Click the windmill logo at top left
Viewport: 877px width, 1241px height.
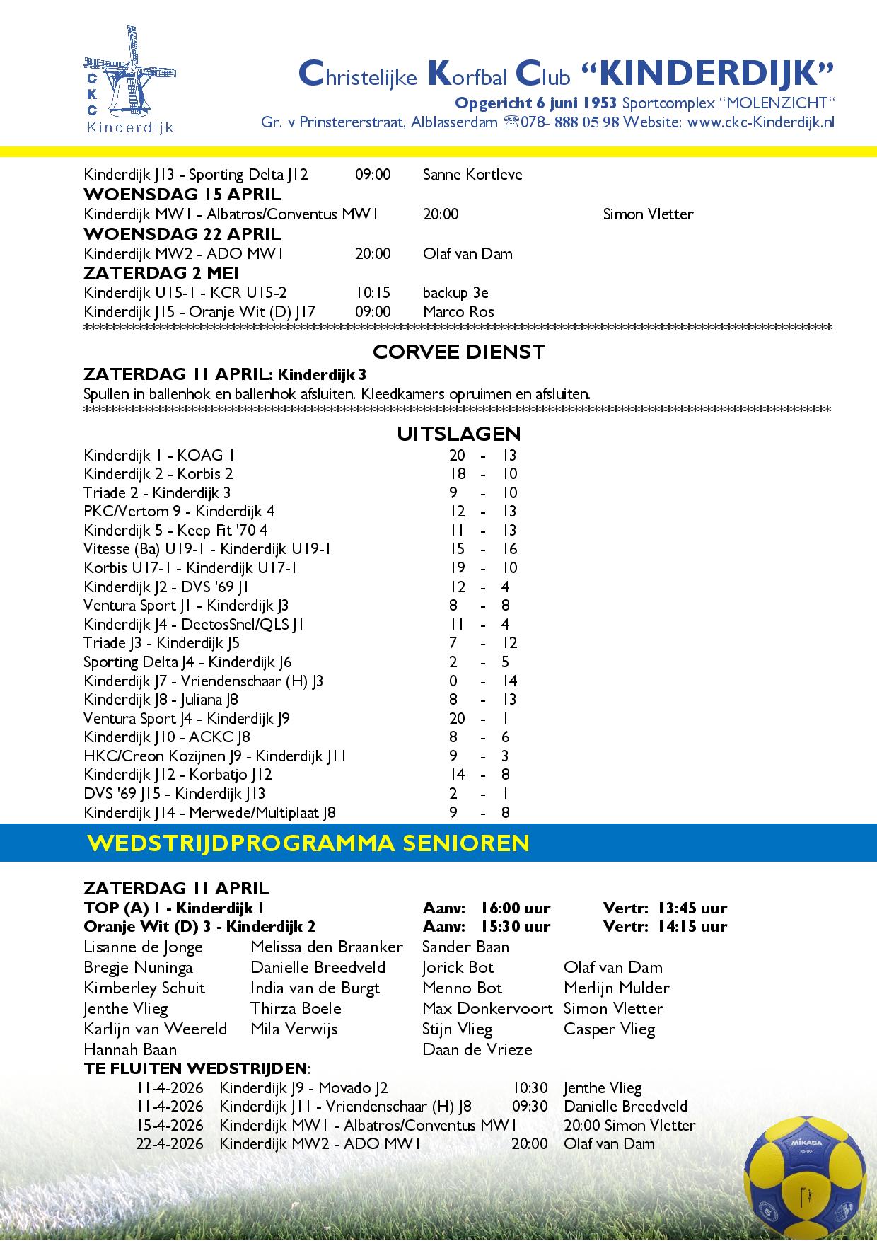pyautogui.click(x=129, y=79)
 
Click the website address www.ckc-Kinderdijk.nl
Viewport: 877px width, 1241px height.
pyautogui.click(x=760, y=122)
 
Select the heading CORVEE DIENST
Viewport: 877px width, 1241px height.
pyautogui.click(x=459, y=352)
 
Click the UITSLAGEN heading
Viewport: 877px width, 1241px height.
pyautogui.click(x=459, y=434)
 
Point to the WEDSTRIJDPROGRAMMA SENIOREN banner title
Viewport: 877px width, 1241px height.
pyautogui.click(x=308, y=843)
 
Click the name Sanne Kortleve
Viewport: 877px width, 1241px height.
pyautogui.click(x=472, y=174)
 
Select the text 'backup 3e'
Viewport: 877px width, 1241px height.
pyautogui.click(x=455, y=293)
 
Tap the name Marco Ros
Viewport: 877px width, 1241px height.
pyautogui.click(x=458, y=312)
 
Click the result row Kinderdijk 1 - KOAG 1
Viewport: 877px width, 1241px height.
pyautogui.click(x=159, y=455)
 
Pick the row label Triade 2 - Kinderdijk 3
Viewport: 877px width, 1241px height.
pyautogui.click(x=157, y=493)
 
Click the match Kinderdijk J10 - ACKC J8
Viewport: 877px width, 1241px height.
pyautogui.click(x=167, y=737)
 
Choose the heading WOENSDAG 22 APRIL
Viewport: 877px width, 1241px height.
pyautogui.click(x=182, y=234)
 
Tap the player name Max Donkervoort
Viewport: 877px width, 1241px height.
pyautogui.click(x=487, y=1008)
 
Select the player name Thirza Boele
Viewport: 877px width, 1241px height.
pyautogui.click(x=296, y=1008)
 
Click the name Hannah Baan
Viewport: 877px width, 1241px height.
pyautogui.click(x=130, y=1049)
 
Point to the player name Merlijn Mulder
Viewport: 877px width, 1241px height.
pyautogui.click(x=617, y=988)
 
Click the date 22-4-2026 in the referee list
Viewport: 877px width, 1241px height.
pyautogui.click(x=170, y=1144)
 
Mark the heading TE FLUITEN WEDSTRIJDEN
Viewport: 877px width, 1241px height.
pyautogui.click(x=196, y=1068)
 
